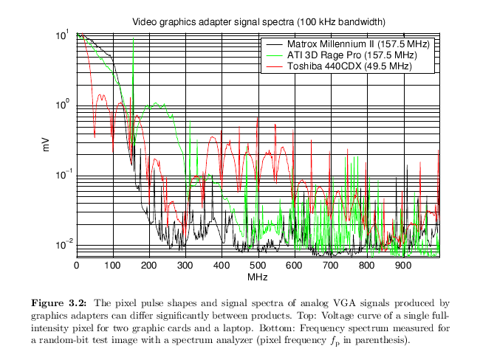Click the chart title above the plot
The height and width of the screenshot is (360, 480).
258,21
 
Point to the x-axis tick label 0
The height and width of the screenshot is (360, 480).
77,266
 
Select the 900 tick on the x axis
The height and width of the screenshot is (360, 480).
402,266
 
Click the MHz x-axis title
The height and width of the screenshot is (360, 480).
258,277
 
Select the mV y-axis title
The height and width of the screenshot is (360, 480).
46,145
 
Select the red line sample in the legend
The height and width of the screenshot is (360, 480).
274,66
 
